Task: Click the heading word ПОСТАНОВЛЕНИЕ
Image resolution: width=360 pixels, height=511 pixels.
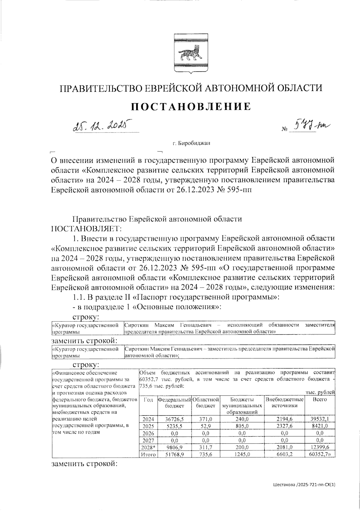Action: (191, 106)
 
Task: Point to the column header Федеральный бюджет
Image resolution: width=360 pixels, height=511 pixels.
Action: (175, 402)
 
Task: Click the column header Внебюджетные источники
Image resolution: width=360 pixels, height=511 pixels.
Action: (284, 402)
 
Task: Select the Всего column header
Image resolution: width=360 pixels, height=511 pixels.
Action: (320, 399)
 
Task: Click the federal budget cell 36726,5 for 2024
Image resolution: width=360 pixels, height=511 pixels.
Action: (175, 419)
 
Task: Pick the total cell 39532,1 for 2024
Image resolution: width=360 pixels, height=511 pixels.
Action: (320, 419)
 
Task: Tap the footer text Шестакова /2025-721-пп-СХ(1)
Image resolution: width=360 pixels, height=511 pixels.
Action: (304, 484)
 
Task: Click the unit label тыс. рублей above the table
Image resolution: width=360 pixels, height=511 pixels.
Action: (320, 392)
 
